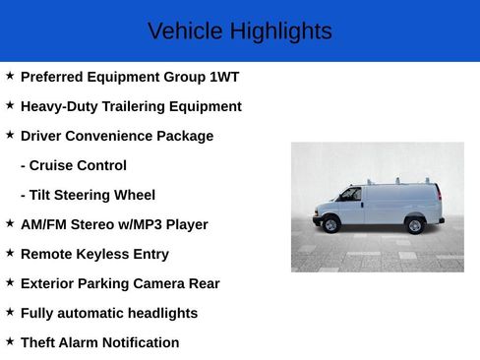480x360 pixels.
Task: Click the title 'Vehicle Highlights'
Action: point(239,31)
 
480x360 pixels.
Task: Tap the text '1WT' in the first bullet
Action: point(224,77)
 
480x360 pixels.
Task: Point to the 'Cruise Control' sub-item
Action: point(74,165)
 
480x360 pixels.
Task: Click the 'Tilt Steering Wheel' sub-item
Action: point(88,195)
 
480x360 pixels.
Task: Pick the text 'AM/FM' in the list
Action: point(42,224)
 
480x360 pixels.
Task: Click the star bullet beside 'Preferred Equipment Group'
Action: point(10,76)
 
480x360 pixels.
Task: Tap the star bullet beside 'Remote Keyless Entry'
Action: point(10,253)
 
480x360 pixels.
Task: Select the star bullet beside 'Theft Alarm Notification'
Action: point(10,341)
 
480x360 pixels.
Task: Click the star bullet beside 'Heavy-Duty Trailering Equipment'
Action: point(10,105)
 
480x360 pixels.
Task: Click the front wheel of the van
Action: point(330,225)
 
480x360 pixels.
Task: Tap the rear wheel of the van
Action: point(415,225)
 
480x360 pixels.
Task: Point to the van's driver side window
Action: point(349,195)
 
